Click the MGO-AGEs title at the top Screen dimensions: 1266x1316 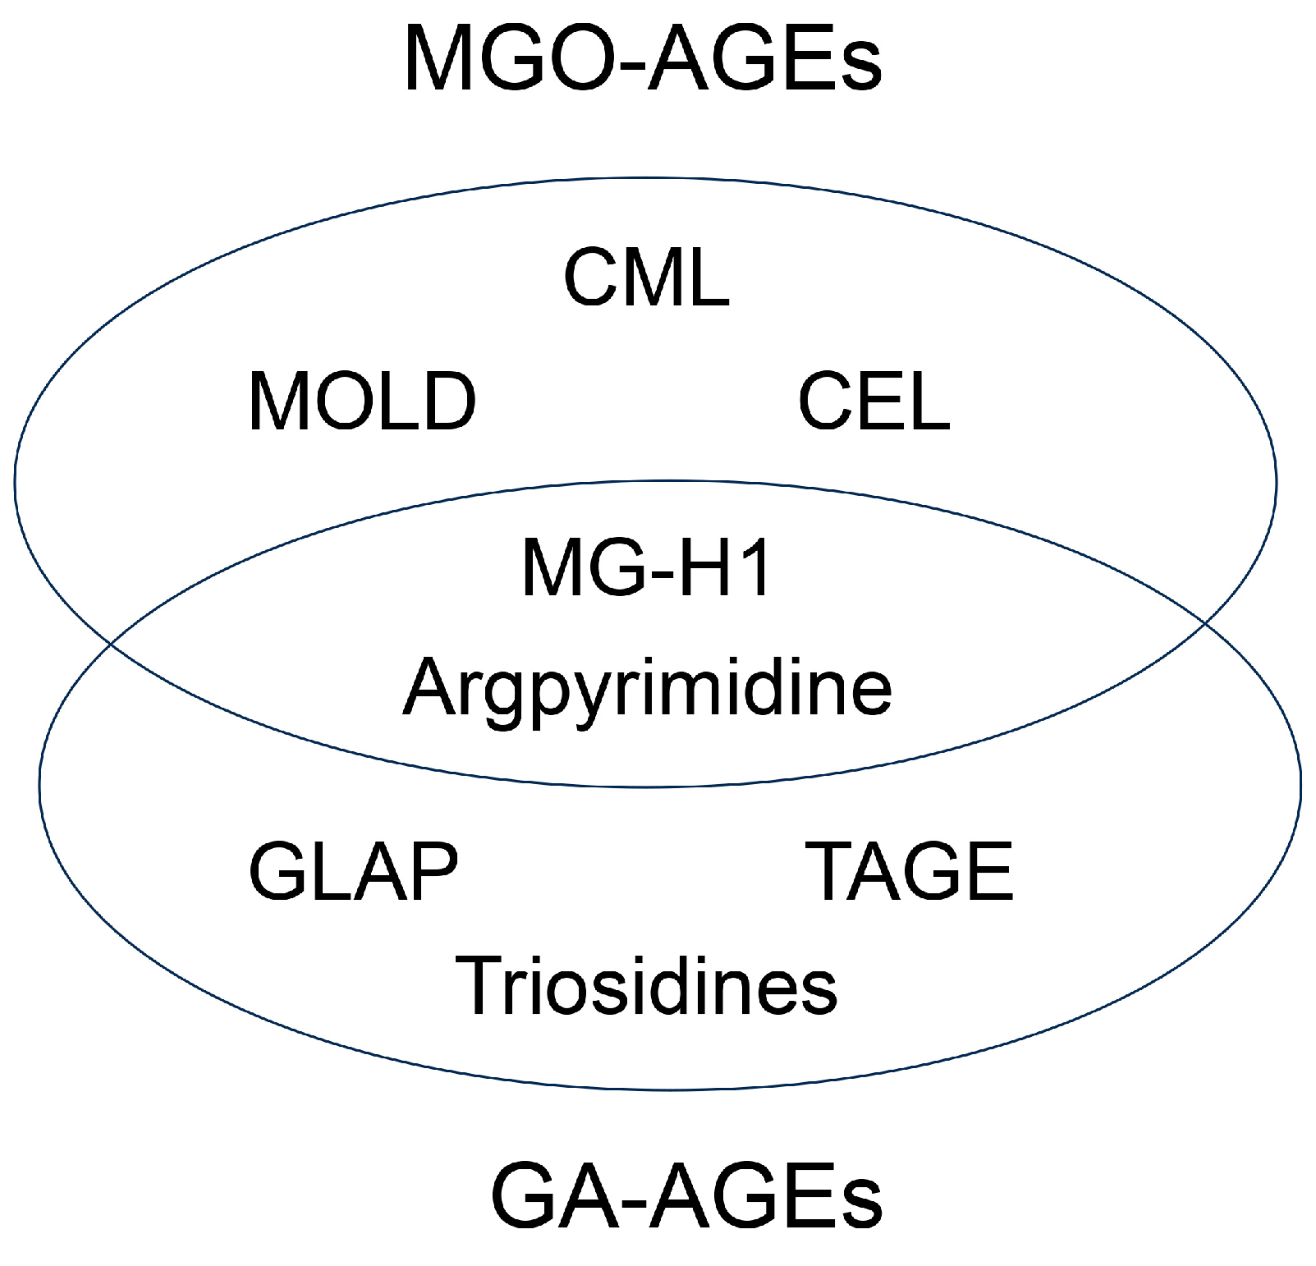coord(643,59)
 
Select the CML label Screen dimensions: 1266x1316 coord(646,278)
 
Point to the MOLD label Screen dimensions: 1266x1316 coord(362,401)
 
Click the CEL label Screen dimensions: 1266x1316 coord(874,401)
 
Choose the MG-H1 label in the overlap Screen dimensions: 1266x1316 coord(646,567)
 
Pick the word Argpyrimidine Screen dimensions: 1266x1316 coord(646,688)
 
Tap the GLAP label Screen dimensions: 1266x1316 coord(353,871)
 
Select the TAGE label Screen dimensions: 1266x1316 coord(912,871)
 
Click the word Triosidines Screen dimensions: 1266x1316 coord(646,984)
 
